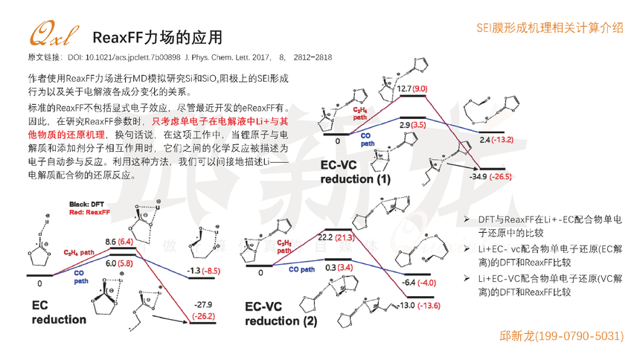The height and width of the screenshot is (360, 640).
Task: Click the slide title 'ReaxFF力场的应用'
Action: [156, 37]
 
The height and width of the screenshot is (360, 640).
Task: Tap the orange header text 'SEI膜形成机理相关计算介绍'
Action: [550, 27]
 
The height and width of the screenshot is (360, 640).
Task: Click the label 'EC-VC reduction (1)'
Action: [355, 172]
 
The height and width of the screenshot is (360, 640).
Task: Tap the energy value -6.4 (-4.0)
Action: [420, 283]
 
